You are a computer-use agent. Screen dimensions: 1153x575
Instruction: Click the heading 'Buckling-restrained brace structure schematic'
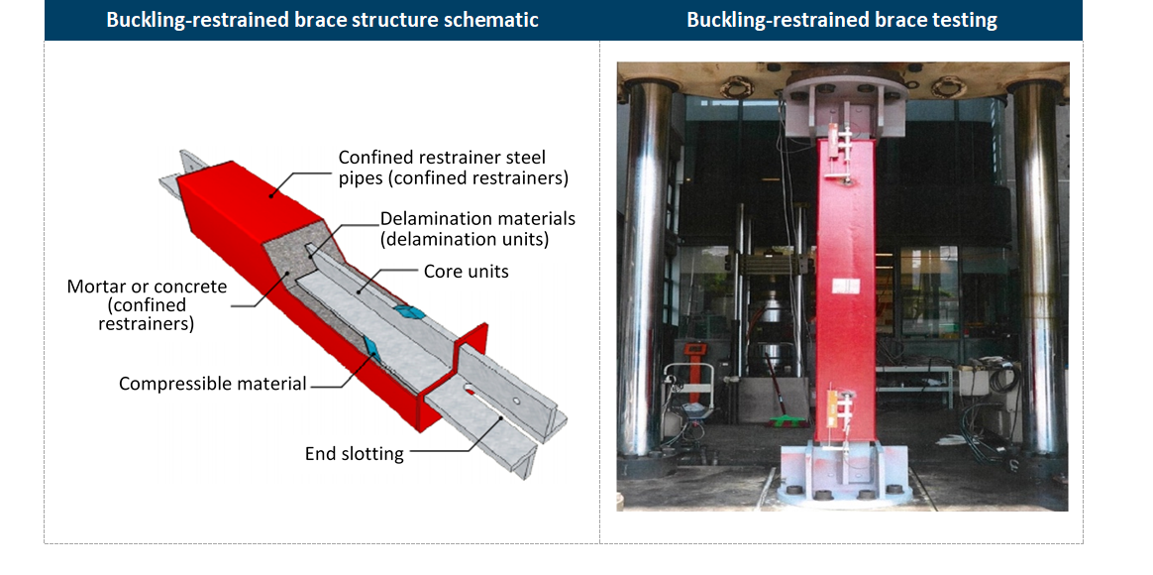[322, 20]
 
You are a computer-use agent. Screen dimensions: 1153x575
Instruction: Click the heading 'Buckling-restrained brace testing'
[841, 20]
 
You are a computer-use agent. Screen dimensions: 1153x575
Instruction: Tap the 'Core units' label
[467, 271]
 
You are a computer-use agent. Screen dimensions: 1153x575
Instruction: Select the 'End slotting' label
[355, 453]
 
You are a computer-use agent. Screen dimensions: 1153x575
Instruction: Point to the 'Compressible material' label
[213, 384]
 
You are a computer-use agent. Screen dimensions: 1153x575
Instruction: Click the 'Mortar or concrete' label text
[147, 287]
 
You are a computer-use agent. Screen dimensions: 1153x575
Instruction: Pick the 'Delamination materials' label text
[478, 219]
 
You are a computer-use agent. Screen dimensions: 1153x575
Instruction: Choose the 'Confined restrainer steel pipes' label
[442, 158]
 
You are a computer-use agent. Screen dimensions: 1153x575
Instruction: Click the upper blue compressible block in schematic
[408, 312]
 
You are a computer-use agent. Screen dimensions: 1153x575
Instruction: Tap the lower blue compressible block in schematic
[369, 345]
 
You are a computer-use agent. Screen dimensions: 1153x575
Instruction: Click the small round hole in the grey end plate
[516, 402]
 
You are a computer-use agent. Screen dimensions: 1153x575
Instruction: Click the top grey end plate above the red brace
[844, 107]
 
